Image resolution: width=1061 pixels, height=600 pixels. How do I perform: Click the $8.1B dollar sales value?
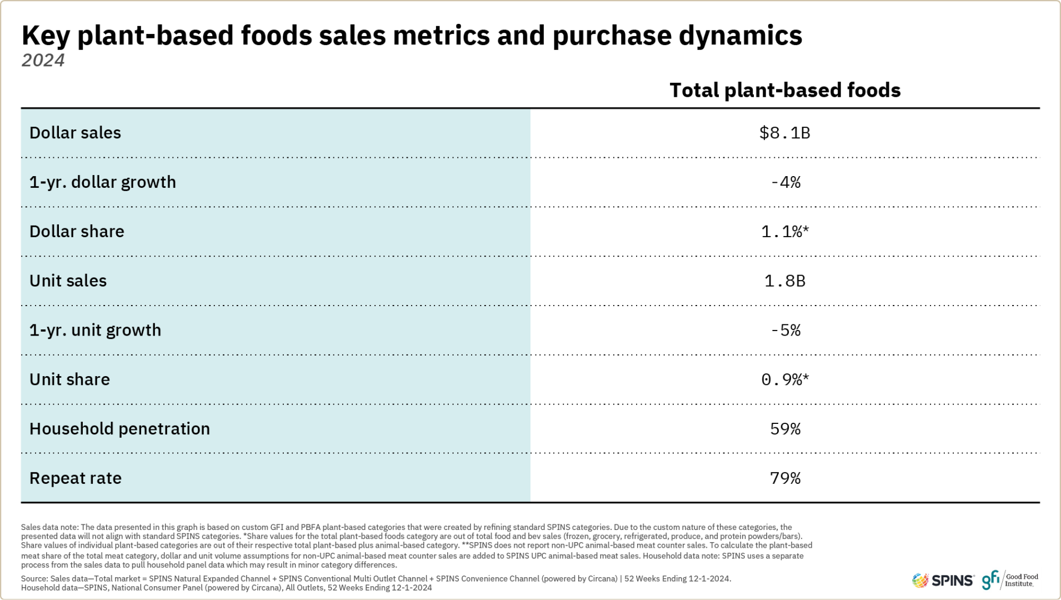tap(784, 133)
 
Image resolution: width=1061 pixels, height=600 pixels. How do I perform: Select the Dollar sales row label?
tap(75, 133)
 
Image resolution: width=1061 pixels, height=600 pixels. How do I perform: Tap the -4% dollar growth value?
tap(785, 182)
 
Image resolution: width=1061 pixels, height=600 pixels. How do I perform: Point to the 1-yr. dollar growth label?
tap(102, 182)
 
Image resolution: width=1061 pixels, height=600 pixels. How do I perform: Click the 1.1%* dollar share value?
tap(785, 232)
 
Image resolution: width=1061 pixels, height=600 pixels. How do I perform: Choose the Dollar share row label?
tap(77, 232)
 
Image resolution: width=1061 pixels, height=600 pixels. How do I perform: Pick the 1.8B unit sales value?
tap(784, 281)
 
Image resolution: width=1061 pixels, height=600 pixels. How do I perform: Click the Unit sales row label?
tap(68, 281)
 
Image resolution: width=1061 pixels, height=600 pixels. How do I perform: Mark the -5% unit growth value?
tap(785, 331)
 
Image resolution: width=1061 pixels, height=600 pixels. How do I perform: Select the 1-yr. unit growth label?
tap(95, 331)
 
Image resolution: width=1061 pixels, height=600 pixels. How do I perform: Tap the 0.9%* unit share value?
tap(785, 380)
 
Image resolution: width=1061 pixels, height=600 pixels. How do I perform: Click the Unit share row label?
tap(69, 380)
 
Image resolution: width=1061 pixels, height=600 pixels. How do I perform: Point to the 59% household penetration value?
tap(785, 429)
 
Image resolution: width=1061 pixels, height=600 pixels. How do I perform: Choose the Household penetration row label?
tap(119, 429)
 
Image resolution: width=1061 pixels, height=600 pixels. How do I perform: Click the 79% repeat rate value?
tap(785, 478)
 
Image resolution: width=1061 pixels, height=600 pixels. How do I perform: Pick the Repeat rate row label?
tap(75, 478)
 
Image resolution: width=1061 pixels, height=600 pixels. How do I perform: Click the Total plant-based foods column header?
tap(784, 91)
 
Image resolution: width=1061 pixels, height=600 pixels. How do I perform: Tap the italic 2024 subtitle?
tap(43, 61)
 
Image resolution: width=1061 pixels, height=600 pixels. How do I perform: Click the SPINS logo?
tap(943, 581)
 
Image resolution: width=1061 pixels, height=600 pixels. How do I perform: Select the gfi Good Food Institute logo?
tap(1010, 580)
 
